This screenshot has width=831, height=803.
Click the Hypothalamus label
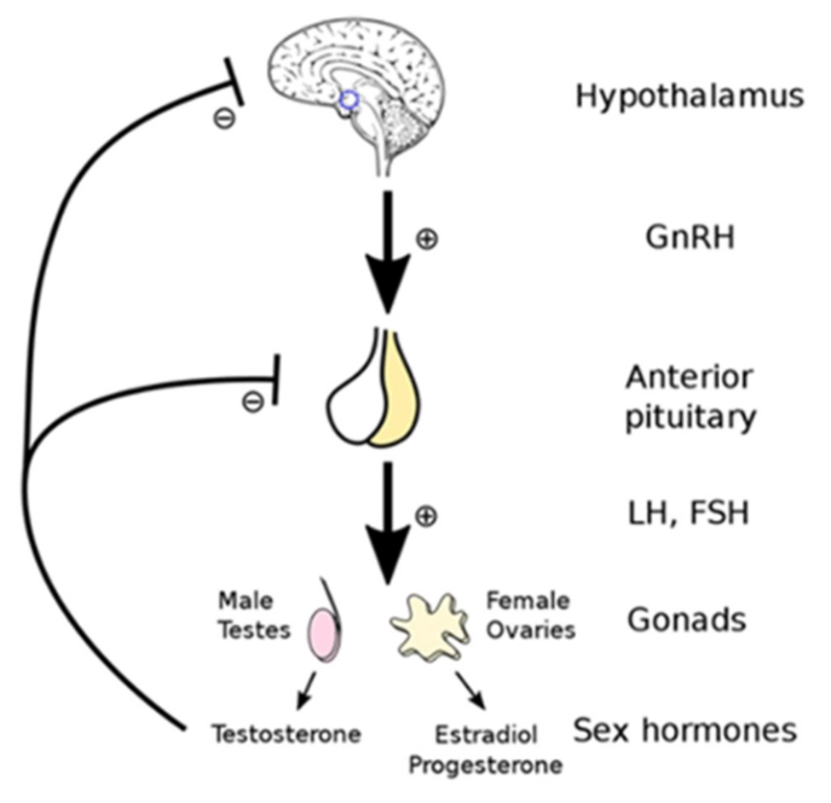[689, 96]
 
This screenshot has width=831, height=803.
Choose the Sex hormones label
[684, 730]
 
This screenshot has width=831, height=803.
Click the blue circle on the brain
[348, 101]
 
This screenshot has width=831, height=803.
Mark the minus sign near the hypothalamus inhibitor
[223, 118]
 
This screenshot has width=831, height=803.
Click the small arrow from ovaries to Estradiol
[470, 690]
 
